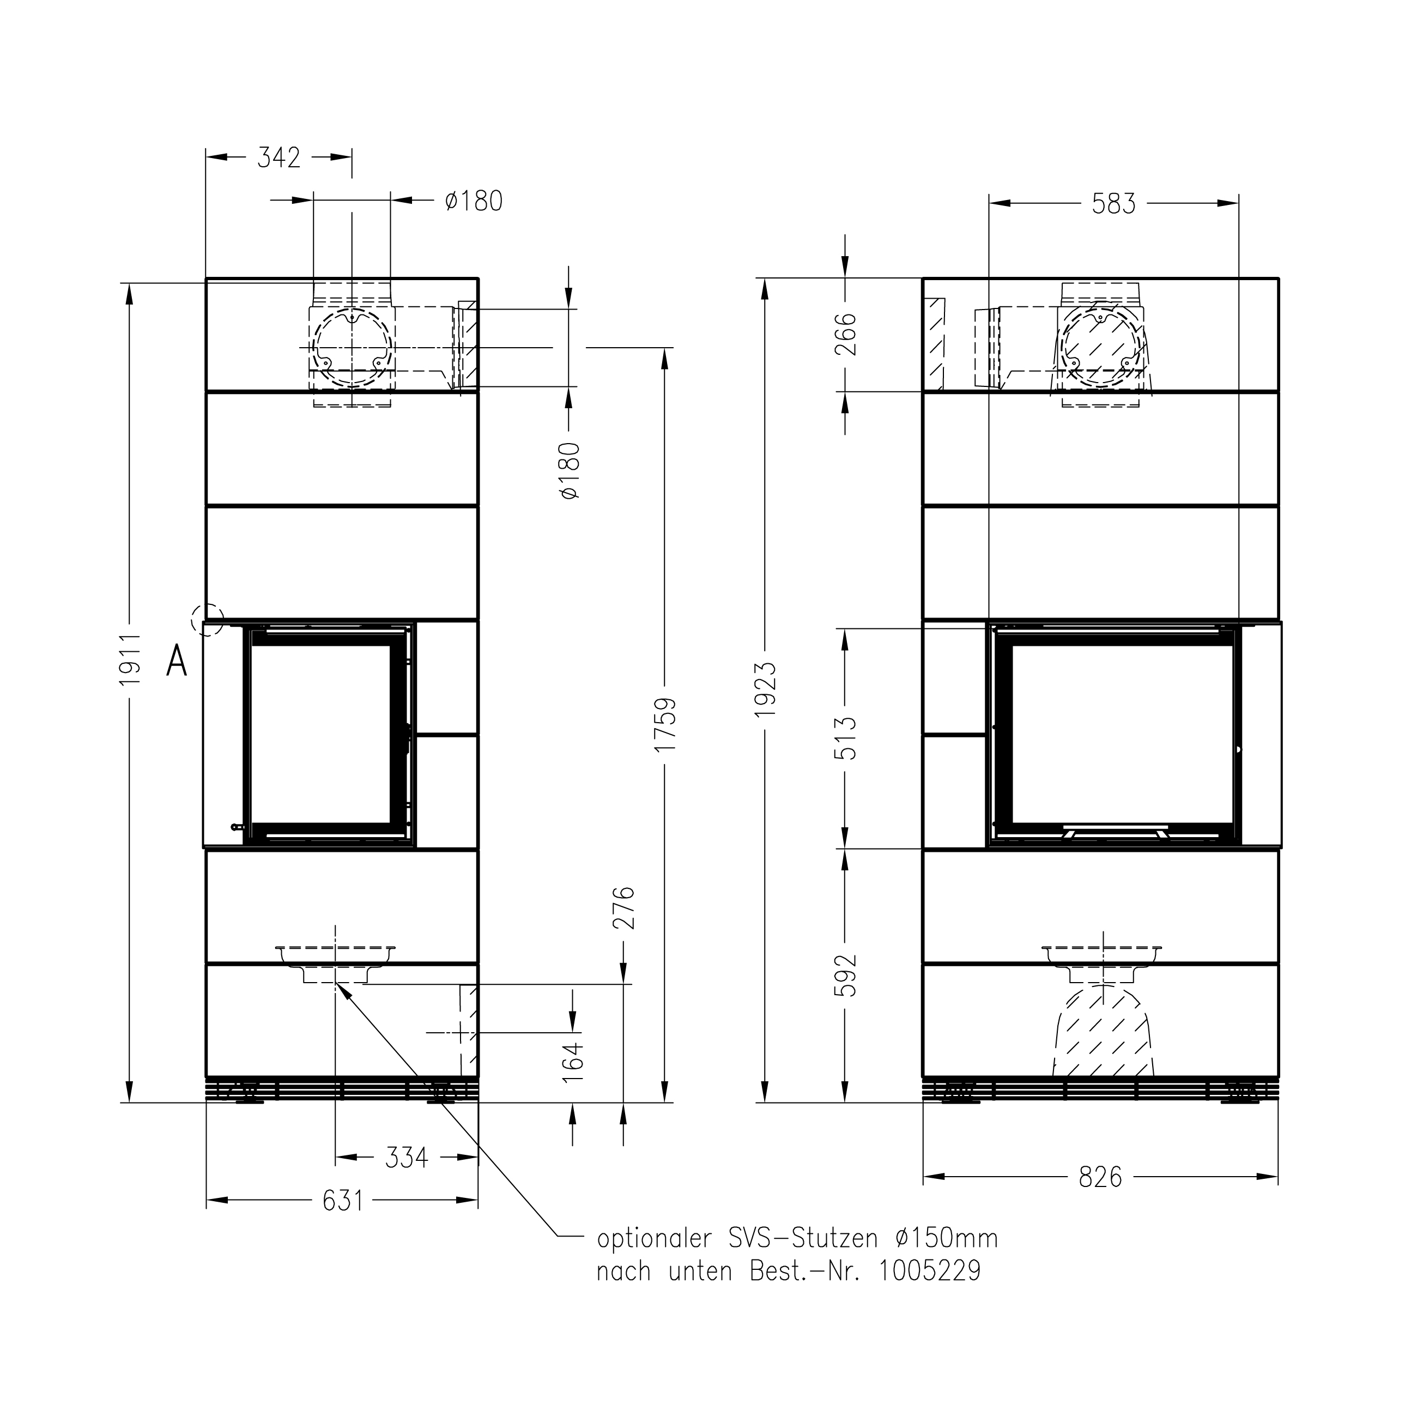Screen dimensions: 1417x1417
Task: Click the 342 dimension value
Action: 278,158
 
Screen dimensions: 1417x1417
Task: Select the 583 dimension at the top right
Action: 1113,204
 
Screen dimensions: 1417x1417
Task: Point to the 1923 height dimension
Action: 765,689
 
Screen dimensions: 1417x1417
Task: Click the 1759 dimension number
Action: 665,725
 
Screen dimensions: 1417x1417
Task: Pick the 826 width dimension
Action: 1100,1178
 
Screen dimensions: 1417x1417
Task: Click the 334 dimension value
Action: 407,1158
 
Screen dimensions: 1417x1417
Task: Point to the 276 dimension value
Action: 623,908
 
